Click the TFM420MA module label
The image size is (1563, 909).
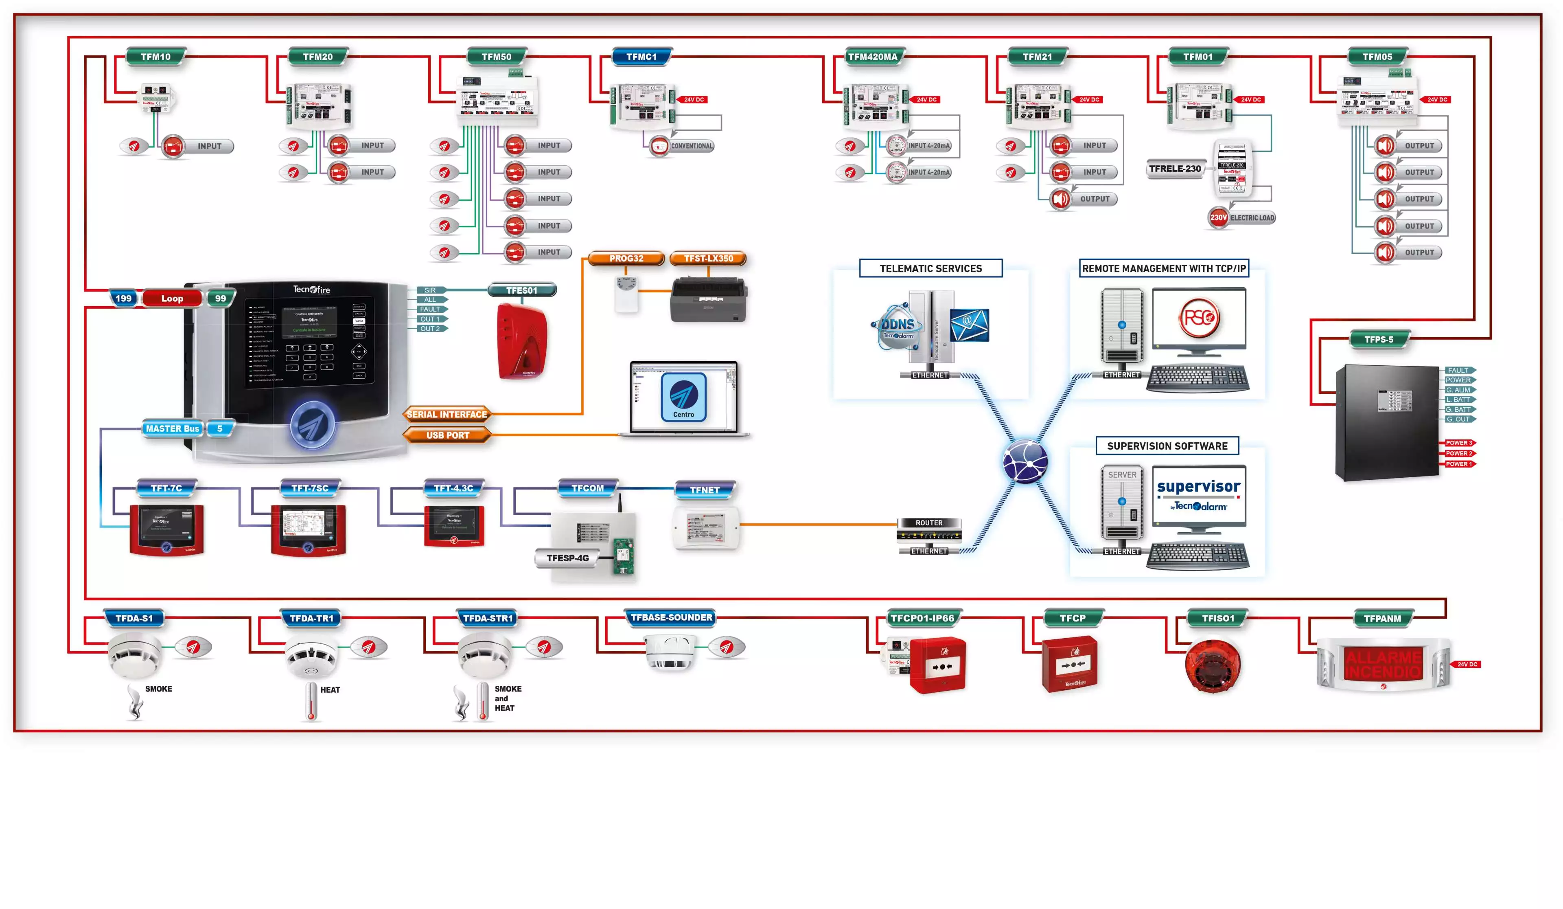click(873, 57)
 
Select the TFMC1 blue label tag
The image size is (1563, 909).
click(641, 57)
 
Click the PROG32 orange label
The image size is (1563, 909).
click(626, 258)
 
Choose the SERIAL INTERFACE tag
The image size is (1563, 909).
click(447, 415)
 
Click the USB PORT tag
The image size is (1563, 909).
click(447, 435)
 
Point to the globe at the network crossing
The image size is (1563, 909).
click(1025, 461)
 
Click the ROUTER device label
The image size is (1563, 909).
click(928, 523)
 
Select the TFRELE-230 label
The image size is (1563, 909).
click(1174, 169)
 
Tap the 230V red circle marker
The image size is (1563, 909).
click(1218, 218)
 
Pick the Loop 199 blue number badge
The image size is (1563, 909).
click(123, 299)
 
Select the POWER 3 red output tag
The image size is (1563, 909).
click(1458, 443)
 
